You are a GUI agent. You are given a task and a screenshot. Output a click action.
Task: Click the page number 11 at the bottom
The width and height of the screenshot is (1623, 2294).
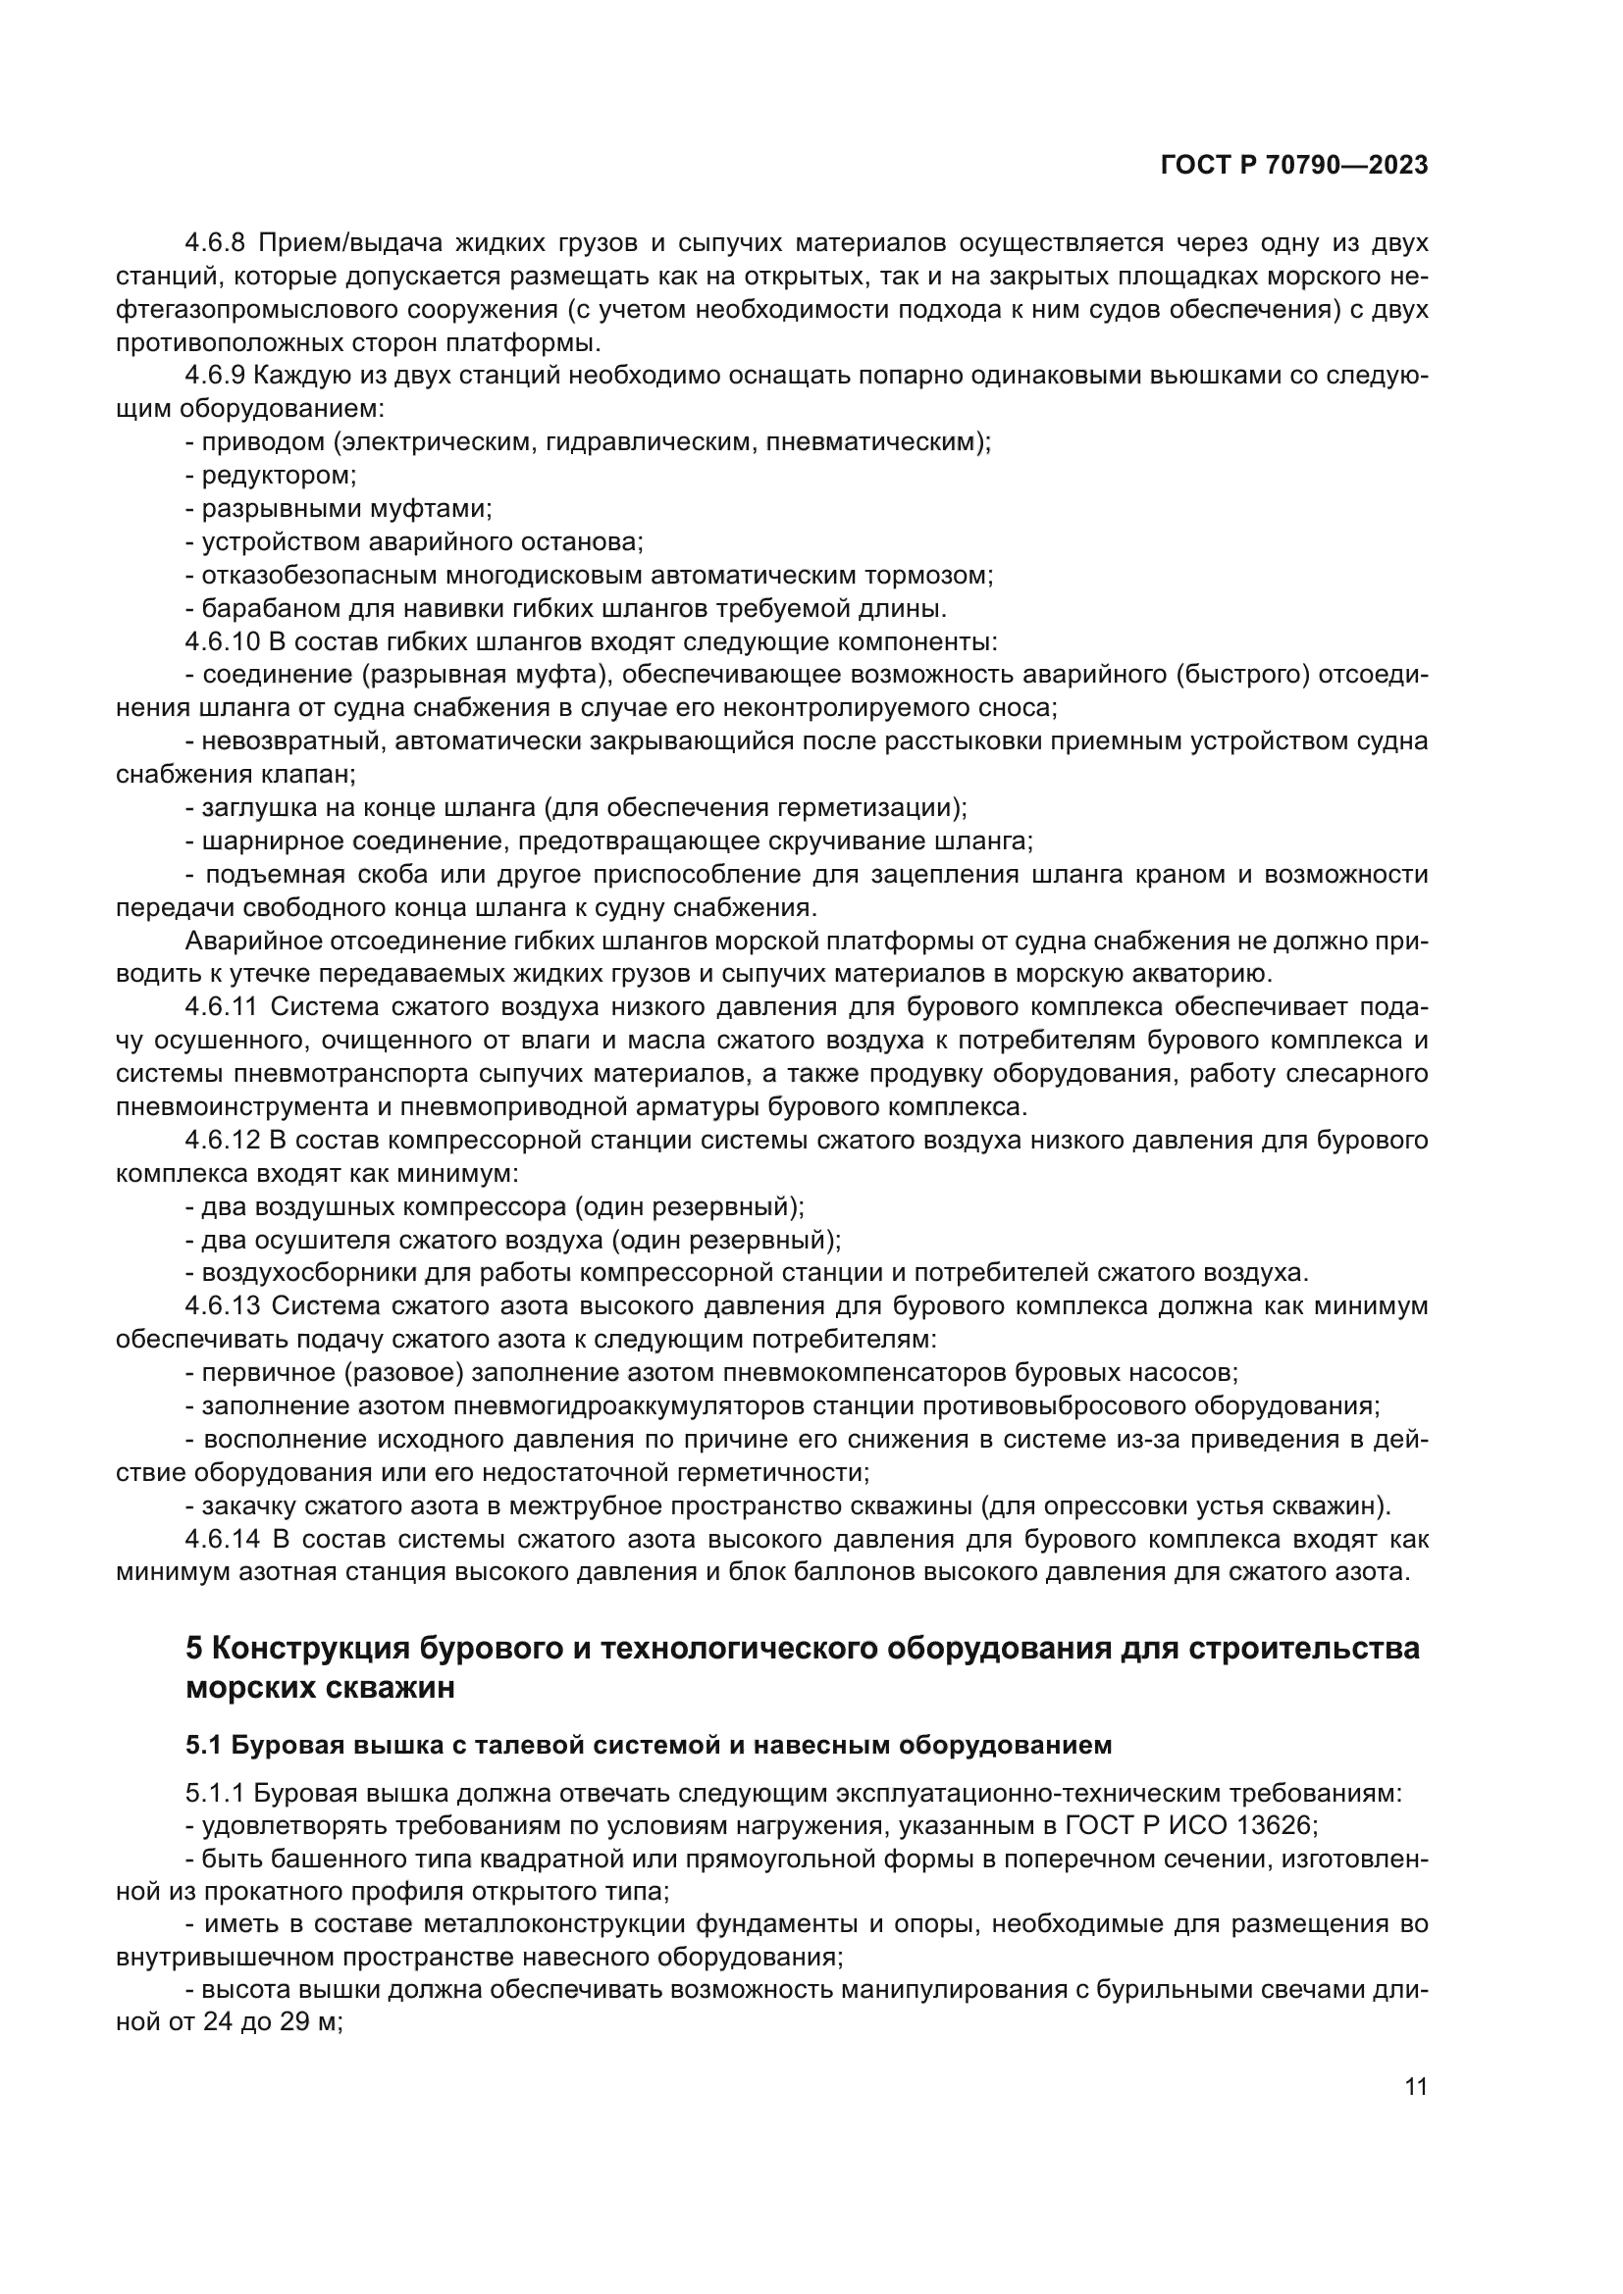[1415, 2087]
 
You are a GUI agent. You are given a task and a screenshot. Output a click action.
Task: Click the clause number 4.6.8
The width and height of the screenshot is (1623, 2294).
[215, 243]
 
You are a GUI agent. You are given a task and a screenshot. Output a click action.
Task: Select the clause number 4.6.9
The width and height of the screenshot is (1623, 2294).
[215, 376]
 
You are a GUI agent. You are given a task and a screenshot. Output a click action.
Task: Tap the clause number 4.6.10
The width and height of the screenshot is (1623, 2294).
[222, 641]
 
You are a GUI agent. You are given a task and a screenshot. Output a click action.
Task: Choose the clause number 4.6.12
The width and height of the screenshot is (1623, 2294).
[222, 1140]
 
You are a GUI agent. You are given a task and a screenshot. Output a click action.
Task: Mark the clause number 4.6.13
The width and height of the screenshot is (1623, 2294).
[222, 1305]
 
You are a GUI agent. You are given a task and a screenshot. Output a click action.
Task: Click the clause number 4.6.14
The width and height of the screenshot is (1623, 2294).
[222, 1539]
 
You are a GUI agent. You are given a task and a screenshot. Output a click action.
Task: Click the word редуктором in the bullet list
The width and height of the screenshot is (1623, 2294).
[277, 476]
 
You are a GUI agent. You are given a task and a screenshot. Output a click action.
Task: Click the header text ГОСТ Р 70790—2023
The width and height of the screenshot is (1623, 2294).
[1294, 166]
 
